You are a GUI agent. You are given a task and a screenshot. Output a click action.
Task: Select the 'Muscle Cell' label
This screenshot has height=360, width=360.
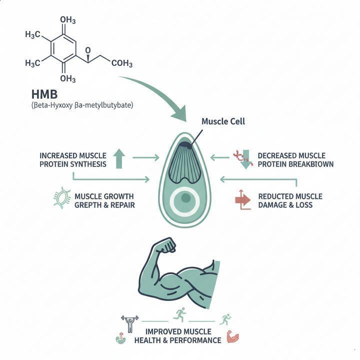point(223,121)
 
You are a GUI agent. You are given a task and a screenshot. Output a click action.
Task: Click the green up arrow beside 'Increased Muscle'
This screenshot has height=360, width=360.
point(118,158)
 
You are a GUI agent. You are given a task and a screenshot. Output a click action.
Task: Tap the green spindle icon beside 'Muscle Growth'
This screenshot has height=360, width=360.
point(61,198)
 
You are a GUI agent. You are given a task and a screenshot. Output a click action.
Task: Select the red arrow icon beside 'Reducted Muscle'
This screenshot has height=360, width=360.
point(242,199)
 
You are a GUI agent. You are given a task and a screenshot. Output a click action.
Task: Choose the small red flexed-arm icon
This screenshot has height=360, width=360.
point(233,336)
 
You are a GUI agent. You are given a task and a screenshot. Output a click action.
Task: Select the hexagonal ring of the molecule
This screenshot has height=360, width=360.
point(63,49)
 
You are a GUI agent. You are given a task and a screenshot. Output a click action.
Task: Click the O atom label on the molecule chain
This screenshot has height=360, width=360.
point(87,50)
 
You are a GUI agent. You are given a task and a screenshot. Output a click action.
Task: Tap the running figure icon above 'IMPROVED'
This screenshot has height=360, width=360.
point(179,314)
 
